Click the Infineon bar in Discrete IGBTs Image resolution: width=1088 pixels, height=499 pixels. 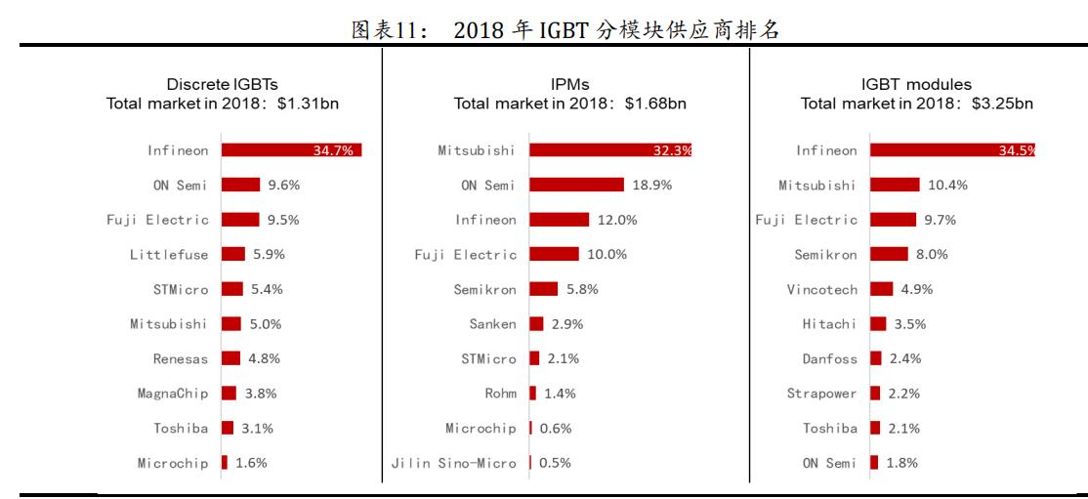click(291, 150)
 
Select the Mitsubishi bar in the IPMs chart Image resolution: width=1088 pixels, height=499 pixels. click(610, 150)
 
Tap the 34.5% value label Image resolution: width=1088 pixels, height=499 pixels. click(1015, 150)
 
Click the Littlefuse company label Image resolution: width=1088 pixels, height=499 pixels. click(169, 254)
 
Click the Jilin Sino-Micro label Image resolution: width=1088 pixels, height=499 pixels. click(453, 463)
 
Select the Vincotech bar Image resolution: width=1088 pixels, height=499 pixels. click(882, 289)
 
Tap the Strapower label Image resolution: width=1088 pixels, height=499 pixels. click(821, 394)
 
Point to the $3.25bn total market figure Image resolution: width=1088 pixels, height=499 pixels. click(1003, 104)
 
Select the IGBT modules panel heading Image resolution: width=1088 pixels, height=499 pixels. click(917, 86)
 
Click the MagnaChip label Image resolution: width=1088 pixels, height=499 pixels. click(172, 394)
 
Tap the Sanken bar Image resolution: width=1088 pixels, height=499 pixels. click(536, 323)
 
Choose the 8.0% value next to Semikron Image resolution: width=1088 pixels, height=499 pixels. click(932, 254)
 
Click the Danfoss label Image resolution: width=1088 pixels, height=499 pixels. click(829, 358)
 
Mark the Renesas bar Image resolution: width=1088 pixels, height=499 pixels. click(230, 358)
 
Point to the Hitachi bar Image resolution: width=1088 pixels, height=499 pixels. click(878, 323)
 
